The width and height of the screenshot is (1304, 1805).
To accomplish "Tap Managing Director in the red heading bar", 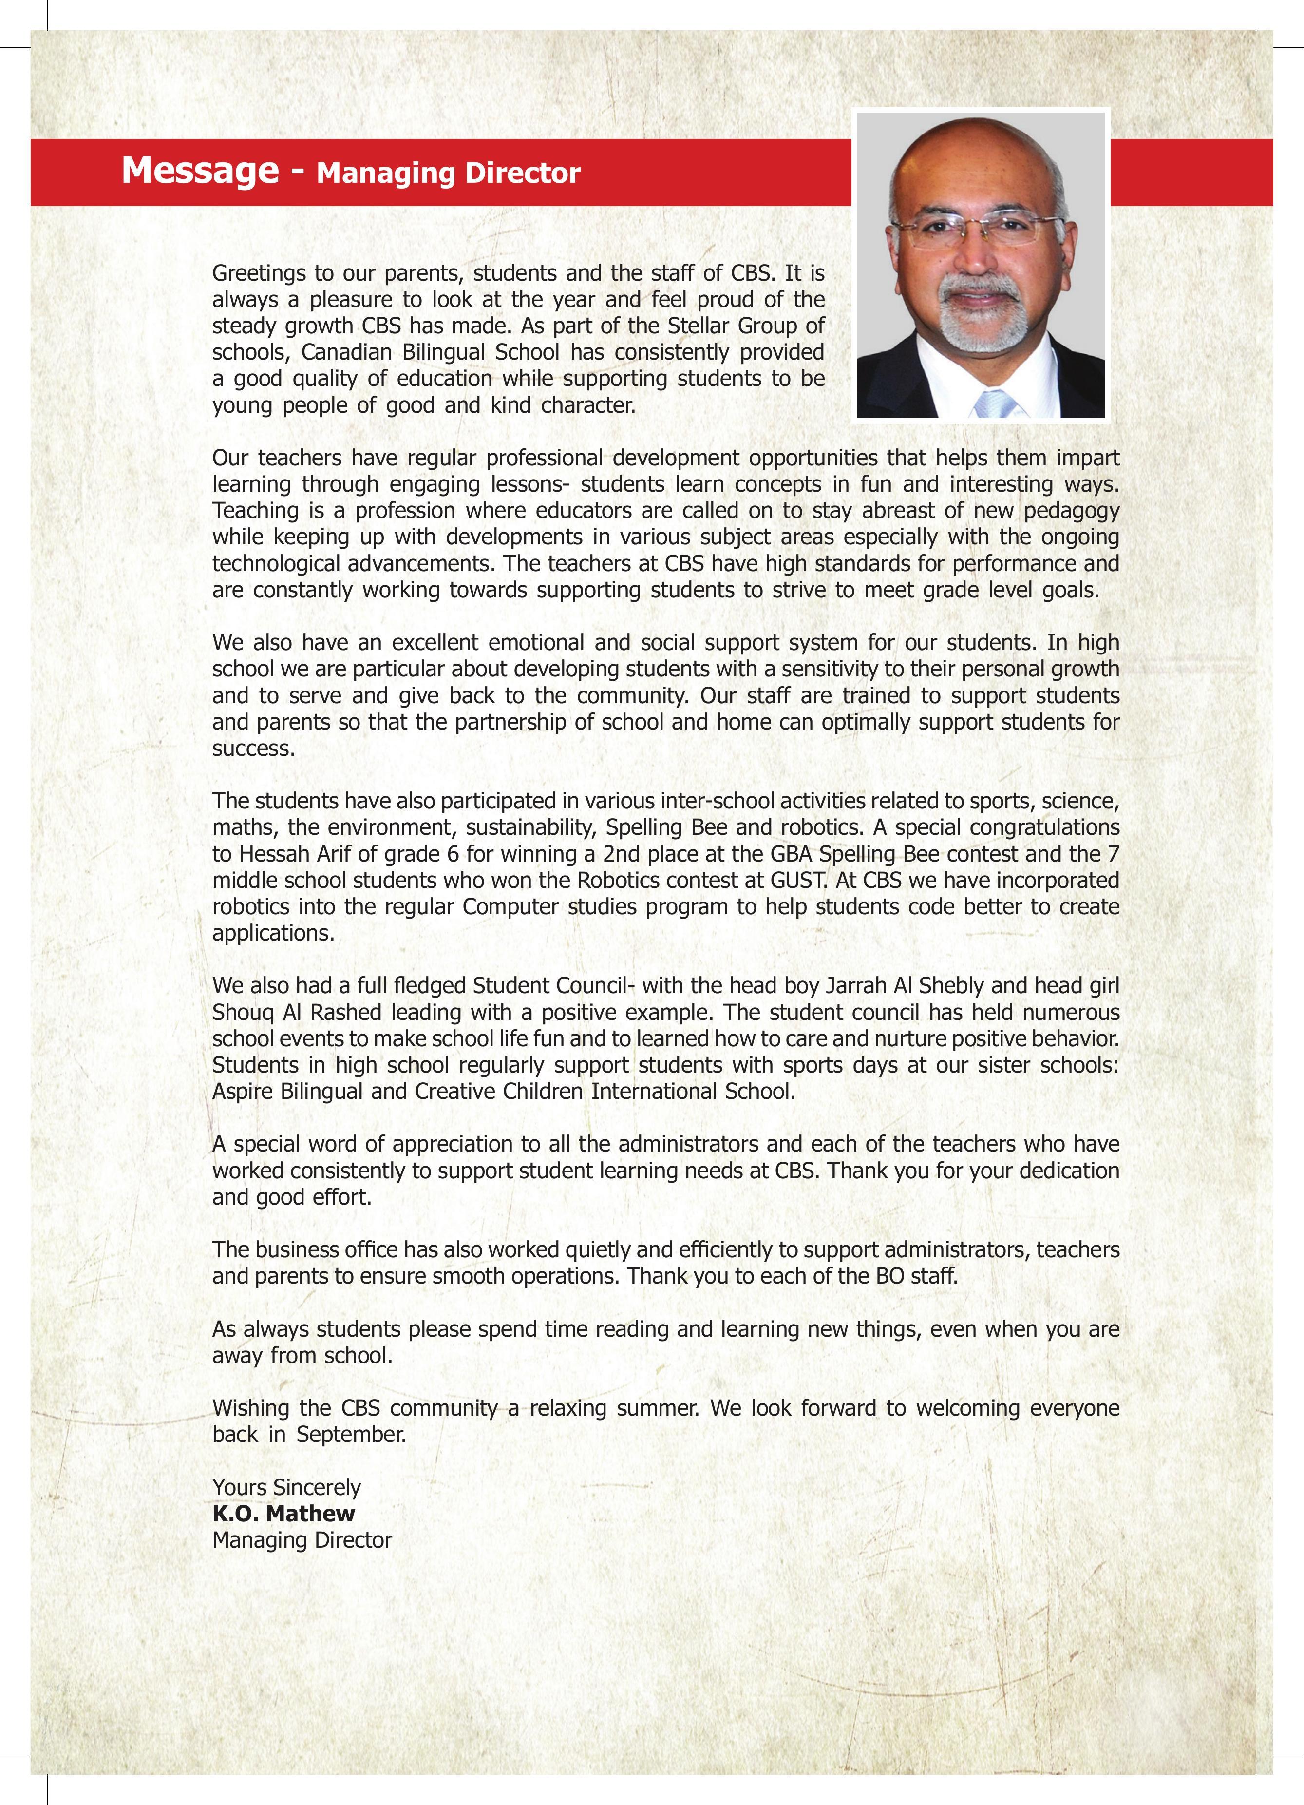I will pyautogui.click(x=449, y=173).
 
